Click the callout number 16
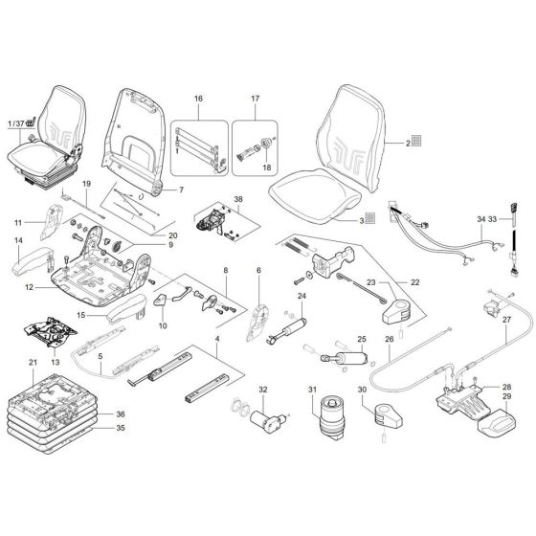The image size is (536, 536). pos(198,99)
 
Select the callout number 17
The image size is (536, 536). pos(256,99)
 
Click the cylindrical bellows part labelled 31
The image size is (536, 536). pos(335,417)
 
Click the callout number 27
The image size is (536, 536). pos(507,320)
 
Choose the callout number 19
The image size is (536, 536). pos(85,183)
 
